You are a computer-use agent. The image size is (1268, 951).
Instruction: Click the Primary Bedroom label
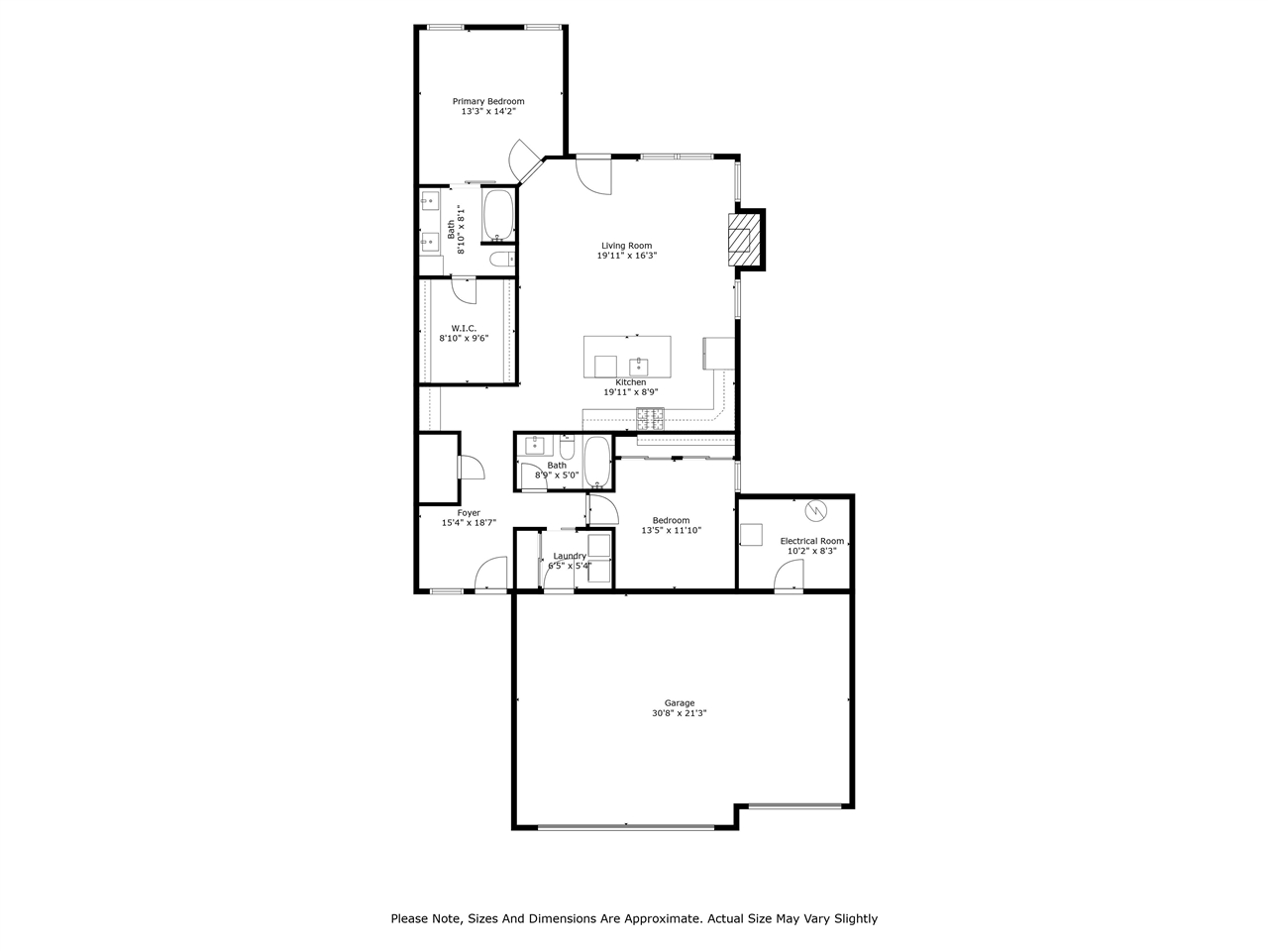coord(488,101)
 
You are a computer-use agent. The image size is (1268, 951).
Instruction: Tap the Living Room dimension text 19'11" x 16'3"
coord(626,256)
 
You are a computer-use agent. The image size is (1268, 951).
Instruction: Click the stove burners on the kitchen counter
coord(649,417)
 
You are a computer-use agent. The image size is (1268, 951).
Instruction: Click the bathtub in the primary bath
coord(497,215)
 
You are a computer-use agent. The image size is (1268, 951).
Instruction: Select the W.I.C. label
coord(464,328)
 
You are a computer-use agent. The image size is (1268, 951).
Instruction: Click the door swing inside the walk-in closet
coord(464,290)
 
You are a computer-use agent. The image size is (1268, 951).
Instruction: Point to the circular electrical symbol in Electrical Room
coord(816,510)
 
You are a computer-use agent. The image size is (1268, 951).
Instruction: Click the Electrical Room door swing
coord(790,576)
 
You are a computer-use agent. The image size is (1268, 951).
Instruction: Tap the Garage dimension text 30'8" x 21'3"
coord(679,713)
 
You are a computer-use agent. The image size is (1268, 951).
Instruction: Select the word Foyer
coord(469,513)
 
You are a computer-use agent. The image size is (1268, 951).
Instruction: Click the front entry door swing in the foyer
coord(490,574)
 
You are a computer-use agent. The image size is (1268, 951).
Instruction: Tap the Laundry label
coord(570,556)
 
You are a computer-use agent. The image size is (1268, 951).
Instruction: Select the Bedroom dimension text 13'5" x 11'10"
coord(671,531)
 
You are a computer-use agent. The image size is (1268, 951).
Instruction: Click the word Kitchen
coord(631,382)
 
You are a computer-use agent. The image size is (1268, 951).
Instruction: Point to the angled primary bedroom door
coord(523,158)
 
